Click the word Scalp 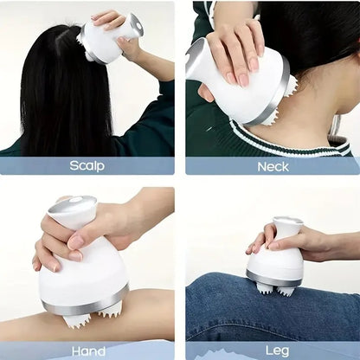(87, 165)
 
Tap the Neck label (273, 165)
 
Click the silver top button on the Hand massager (71, 209)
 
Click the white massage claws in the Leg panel (275, 290)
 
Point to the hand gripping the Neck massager (234, 48)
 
